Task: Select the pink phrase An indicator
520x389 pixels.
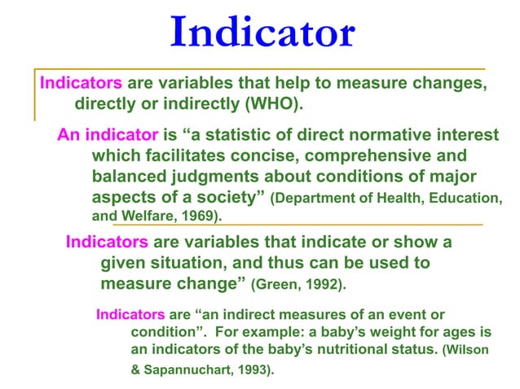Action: (108, 134)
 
